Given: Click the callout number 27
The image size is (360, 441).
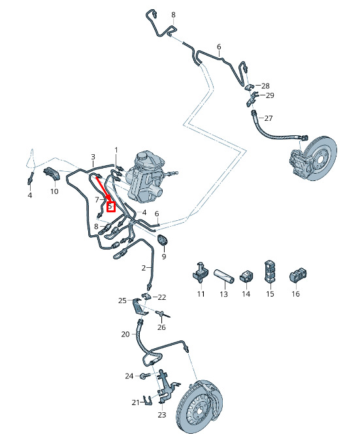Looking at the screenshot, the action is pyautogui.click(x=269, y=118).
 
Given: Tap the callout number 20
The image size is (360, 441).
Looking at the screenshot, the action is pyautogui.click(x=125, y=334).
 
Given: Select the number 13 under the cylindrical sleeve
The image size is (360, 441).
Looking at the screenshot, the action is pyautogui.click(x=223, y=294).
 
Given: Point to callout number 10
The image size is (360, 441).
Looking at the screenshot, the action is pyautogui.click(x=54, y=191).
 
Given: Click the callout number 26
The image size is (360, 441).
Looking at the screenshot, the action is pyautogui.click(x=161, y=327).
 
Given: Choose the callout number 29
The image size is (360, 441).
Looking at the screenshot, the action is pyautogui.click(x=270, y=95).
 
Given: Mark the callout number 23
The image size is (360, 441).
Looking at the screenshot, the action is pyautogui.click(x=162, y=415).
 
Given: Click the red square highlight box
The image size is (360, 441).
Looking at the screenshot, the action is pyautogui.click(x=111, y=207).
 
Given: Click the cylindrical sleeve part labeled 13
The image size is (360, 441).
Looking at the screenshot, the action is pyautogui.click(x=223, y=276).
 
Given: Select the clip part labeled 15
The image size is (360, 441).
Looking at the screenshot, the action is pyautogui.click(x=270, y=272).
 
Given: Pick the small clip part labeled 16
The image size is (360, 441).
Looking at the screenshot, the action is pyautogui.click(x=298, y=275).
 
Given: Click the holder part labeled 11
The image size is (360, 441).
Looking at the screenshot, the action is pyautogui.click(x=200, y=272).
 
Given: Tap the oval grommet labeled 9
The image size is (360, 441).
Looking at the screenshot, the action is pyautogui.click(x=162, y=240).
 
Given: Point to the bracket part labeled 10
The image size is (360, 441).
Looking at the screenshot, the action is pyautogui.click(x=52, y=173).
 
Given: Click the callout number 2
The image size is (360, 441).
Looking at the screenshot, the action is pyautogui.click(x=144, y=269).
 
